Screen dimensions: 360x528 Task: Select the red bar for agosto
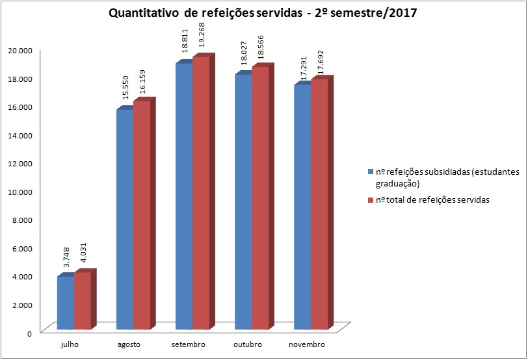142,214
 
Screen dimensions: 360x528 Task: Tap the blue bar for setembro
183,195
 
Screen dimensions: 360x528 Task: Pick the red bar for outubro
260,198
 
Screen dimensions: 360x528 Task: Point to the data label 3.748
66,259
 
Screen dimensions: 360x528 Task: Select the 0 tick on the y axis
29,333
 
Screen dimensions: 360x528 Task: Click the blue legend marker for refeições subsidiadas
371,172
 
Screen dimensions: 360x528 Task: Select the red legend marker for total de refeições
371,200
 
